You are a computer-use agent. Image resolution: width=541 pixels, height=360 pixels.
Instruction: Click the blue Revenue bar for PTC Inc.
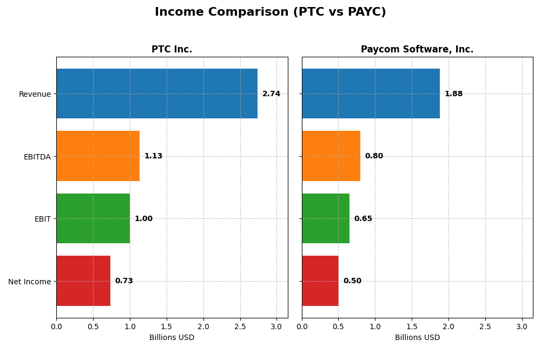(x=157, y=94)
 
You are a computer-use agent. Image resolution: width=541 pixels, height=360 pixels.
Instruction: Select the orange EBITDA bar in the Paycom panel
(x=331, y=156)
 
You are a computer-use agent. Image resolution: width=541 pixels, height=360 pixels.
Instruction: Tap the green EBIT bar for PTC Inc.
(x=93, y=218)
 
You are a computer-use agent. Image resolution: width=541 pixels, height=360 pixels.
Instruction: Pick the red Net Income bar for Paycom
(x=320, y=281)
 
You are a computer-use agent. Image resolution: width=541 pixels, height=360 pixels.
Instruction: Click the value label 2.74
(x=271, y=94)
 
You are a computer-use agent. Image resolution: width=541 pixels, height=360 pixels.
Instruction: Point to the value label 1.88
(x=453, y=94)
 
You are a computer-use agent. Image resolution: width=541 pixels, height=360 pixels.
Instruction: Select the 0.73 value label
(x=124, y=281)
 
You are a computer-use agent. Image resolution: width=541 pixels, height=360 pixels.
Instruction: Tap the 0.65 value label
(x=363, y=219)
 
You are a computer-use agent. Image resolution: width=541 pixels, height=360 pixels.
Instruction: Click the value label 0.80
(x=374, y=156)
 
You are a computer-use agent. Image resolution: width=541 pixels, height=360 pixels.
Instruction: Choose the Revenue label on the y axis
(x=35, y=94)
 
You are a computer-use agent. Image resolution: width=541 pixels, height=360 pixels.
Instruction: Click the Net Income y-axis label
(x=29, y=282)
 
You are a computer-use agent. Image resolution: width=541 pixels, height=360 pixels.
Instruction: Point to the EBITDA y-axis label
(x=37, y=157)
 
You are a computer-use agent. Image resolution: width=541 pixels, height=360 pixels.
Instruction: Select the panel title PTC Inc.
(x=171, y=50)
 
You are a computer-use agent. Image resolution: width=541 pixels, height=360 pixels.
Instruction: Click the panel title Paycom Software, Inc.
(x=417, y=50)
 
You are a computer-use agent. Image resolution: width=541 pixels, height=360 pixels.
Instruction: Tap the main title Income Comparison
(x=270, y=12)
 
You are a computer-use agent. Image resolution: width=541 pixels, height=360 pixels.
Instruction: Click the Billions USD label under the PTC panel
(x=171, y=338)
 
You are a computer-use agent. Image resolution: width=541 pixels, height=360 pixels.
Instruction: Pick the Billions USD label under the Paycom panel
(x=417, y=338)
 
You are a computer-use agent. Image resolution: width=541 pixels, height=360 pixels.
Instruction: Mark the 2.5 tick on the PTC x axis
(x=240, y=326)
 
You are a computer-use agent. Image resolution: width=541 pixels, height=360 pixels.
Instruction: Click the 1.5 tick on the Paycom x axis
(x=412, y=326)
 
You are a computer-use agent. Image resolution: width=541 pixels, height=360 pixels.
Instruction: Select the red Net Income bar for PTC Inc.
(x=83, y=281)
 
